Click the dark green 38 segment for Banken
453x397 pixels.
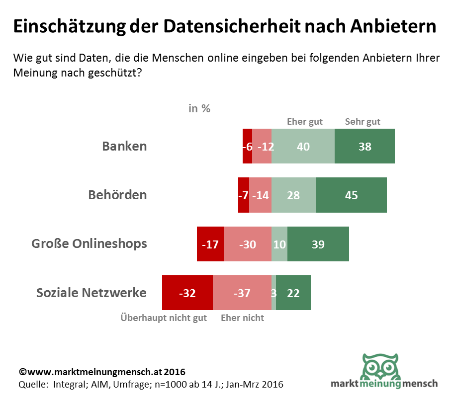click(x=364, y=146)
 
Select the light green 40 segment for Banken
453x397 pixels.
click(x=303, y=146)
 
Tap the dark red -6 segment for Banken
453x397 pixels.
click(x=247, y=146)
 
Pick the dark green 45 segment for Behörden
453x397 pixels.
click(x=351, y=195)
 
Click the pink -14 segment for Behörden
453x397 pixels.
click(x=260, y=195)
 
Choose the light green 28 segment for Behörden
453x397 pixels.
click(x=293, y=195)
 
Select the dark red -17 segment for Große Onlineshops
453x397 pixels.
click(x=210, y=244)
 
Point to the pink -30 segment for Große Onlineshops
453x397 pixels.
click(x=248, y=244)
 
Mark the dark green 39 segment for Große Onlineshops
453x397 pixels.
click(x=318, y=244)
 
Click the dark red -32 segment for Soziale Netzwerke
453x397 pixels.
click(x=187, y=293)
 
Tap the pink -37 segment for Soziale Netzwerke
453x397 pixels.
click(x=242, y=293)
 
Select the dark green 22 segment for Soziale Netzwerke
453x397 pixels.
click(x=293, y=293)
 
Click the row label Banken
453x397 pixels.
click(x=124, y=146)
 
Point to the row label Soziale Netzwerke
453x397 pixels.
click(x=91, y=293)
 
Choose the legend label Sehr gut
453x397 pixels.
click(x=362, y=122)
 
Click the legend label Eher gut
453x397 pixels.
click(x=305, y=122)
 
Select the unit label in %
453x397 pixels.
click(x=199, y=108)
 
